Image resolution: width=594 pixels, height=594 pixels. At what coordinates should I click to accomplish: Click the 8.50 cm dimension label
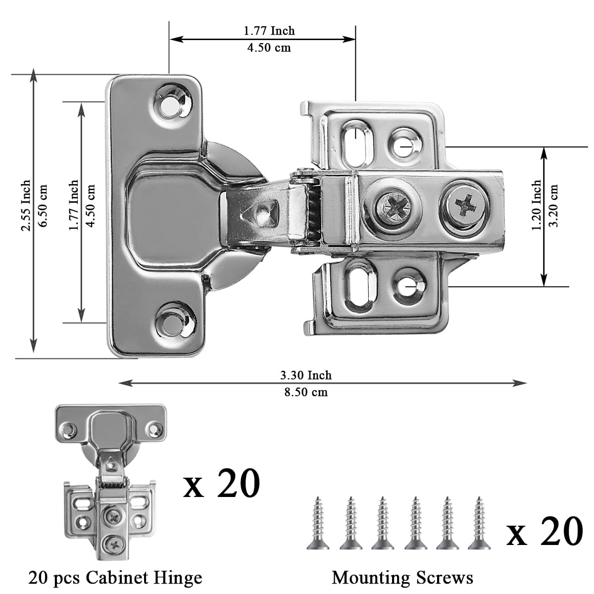[x=305, y=393]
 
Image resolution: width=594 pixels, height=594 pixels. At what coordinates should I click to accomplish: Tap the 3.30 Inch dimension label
[x=305, y=375]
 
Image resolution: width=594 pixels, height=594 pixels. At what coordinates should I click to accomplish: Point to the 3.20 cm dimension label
[x=554, y=205]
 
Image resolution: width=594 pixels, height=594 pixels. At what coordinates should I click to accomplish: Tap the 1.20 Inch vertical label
[x=537, y=205]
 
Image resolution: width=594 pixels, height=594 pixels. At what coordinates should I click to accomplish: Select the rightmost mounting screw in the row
[x=478, y=524]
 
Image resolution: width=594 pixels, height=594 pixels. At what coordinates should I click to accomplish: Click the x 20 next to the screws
[x=544, y=531]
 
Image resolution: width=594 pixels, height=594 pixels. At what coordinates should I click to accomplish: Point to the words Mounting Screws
[x=402, y=578]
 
